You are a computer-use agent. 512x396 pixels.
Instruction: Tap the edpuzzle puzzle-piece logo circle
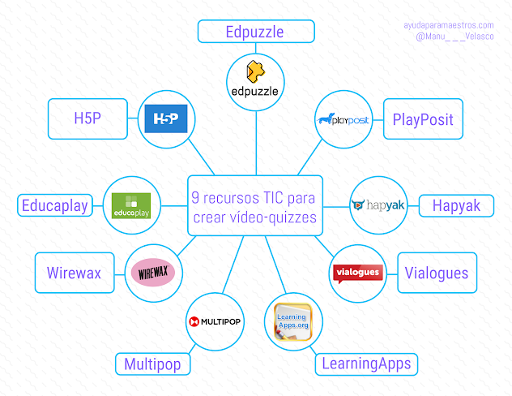pos(256,80)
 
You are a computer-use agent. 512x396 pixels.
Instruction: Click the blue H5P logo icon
pos(166,119)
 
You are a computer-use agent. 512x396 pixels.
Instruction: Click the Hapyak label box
pos(455,206)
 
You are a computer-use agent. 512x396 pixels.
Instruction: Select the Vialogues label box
pos(437,273)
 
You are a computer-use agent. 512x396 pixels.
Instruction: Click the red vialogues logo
pos(358,272)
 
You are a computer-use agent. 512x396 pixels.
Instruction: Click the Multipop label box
pos(152,364)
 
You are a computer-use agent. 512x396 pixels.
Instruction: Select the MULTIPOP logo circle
pos(215,321)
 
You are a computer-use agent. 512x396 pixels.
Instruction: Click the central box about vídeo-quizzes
pos(255,206)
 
